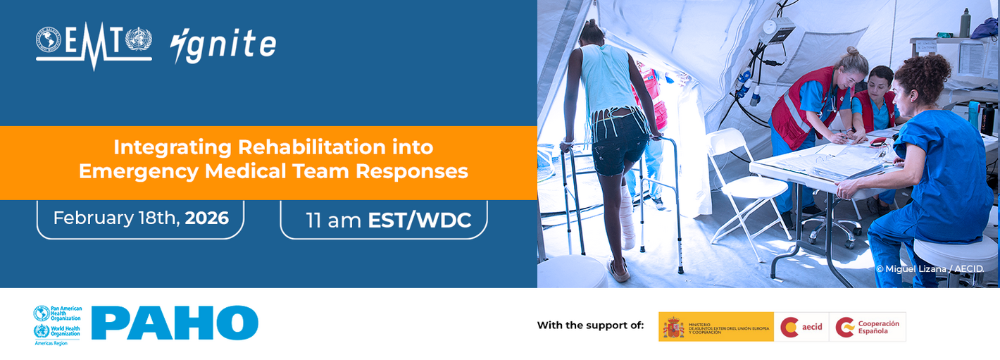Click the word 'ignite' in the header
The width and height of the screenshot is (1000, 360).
tap(223, 45)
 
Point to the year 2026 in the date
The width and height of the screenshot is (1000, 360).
tap(207, 218)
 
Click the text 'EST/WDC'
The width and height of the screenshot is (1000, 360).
tap(419, 220)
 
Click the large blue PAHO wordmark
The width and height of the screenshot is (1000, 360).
tap(175, 323)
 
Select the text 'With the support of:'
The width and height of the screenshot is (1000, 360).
tap(590, 325)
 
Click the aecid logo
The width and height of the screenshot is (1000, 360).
tap(801, 327)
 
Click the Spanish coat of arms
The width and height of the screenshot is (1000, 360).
tap(673, 327)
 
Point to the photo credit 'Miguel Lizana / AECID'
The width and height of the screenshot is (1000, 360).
tap(930, 269)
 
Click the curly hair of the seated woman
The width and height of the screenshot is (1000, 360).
tap(928, 77)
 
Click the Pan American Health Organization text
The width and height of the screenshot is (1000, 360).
tap(68, 313)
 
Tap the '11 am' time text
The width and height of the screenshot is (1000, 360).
tap(333, 220)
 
